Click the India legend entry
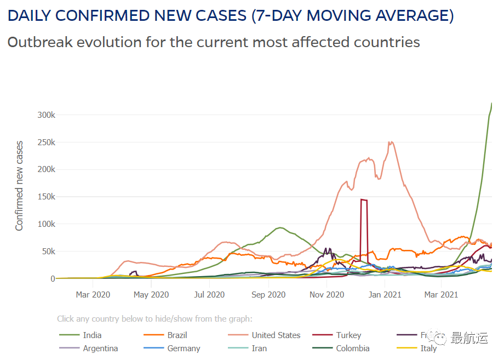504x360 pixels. pyautogui.click(x=92, y=335)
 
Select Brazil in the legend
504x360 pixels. pyautogui.click(x=177, y=335)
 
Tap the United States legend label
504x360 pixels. pyautogui.click(x=276, y=335)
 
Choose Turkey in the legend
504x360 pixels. pyautogui.click(x=348, y=335)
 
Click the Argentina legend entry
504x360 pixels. pyautogui.click(x=100, y=348)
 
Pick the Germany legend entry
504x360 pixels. pyautogui.click(x=184, y=348)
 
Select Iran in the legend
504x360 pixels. pyautogui.click(x=259, y=348)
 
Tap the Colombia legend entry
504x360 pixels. pyautogui.click(x=352, y=348)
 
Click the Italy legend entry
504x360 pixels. pyautogui.click(x=428, y=348)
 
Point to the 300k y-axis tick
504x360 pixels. pyautogui.click(x=45, y=115)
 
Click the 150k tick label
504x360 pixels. pyautogui.click(x=45, y=197)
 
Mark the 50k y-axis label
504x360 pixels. pyautogui.click(x=47, y=252)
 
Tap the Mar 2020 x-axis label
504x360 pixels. pyautogui.click(x=93, y=295)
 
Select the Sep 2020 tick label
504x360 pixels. pyautogui.click(x=268, y=295)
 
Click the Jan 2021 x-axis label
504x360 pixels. pyautogui.click(x=385, y=295)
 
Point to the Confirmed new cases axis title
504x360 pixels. pyautogui.click(x=20, y=186)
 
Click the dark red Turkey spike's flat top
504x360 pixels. pyautogui.click(x=364, y=200)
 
